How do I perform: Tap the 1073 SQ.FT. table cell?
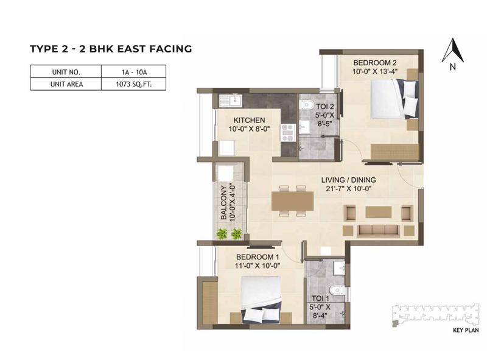(134, 85)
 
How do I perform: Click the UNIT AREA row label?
(66, 85)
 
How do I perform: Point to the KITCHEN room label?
(248, 120)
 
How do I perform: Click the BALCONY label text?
(225, 202)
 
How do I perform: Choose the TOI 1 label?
(318, 298)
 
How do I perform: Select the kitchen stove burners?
(287, 129)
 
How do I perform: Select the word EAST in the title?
(127, 48)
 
